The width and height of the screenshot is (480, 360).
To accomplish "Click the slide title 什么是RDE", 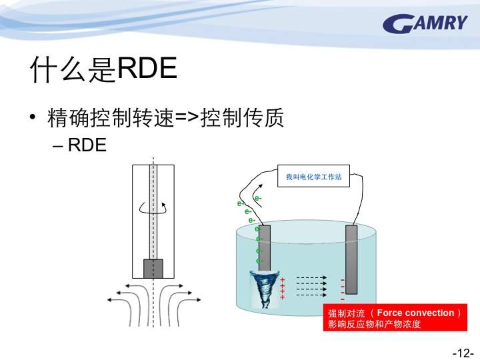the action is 103,69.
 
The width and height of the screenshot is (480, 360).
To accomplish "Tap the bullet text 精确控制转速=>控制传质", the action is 165,117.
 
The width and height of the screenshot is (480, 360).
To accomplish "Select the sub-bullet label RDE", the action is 87,145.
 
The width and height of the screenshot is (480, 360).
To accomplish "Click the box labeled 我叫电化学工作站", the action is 313,176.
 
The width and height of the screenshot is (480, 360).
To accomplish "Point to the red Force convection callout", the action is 395,317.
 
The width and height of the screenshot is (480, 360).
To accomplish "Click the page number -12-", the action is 463,353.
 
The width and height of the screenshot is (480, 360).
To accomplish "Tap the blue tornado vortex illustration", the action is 264,289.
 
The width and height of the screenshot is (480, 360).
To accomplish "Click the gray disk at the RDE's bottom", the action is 153,269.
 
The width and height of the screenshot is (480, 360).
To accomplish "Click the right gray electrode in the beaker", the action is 351,259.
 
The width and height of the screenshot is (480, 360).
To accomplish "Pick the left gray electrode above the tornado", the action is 265,248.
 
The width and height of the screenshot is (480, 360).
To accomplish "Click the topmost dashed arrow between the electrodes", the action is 311,278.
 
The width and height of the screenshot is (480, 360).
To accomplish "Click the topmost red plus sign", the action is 282,280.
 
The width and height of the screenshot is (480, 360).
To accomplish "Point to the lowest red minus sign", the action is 343,299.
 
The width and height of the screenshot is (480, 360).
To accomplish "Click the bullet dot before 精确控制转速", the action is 33,117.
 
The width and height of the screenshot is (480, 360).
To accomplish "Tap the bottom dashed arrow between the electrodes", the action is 311,295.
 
